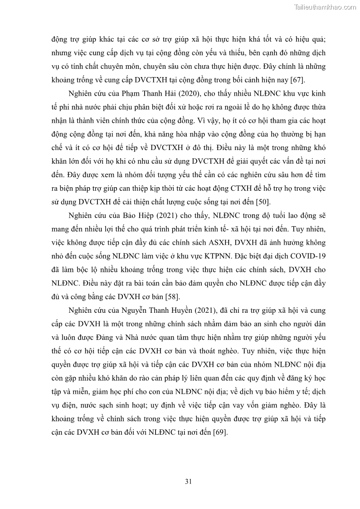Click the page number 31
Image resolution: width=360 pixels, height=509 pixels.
pos(188,481)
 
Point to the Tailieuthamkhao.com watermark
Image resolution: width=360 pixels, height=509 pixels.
pos(325,7)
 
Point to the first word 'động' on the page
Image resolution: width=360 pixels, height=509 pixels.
pos(60,39)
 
